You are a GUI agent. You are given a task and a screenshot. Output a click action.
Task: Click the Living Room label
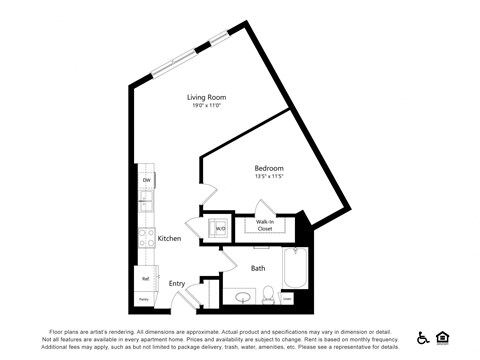pyautogui.click(x=204, y=97)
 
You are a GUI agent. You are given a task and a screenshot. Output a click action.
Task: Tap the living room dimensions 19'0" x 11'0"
pyautogui.click(x=204, y=105)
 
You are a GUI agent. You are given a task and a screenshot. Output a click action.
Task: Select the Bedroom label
pyautogui.click(x=269, y=168)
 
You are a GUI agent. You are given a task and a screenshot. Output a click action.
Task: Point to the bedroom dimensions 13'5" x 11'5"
pyautogui.click(x=269, y=177)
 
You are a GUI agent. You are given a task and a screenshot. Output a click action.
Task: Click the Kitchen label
pyautogui.click(x=169, y=238)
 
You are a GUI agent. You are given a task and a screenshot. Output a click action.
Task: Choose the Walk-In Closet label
pyautogui.click(x=265, y=225)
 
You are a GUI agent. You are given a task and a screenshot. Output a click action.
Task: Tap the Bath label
pyautogui.click(x=258, y=267)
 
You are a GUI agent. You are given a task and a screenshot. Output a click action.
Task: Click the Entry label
pyautogui.click(x=177, y=284)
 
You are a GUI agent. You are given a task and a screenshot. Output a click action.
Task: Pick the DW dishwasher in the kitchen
pyautogui.click(x=146, y=180)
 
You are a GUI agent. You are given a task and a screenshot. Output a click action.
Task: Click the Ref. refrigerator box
pyautogui.click(x=145, y=279)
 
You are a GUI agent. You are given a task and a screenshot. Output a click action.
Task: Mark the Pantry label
pyautogui.click(x=144, y=299)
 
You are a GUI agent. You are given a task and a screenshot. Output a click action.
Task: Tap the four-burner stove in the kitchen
pyautogui.click(x=146, y=240)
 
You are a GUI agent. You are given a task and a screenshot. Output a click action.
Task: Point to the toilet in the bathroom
pyautogui.click(x=268, y=295)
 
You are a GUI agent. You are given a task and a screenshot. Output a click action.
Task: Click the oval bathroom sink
pyautogui.click(x=240, y=296)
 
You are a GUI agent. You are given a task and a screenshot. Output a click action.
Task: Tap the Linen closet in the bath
pyautogui.click(x=287, y=298)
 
